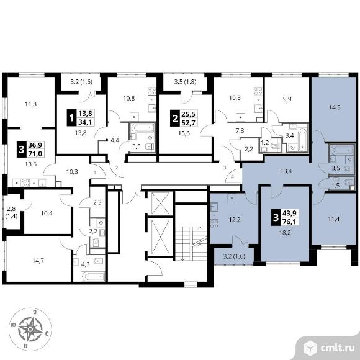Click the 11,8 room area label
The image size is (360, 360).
point(31,104)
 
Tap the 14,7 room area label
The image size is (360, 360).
point(38,261)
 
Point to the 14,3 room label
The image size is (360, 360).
point(335,107)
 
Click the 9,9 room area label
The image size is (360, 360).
point(287,99)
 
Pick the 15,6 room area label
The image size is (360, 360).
point(184,133)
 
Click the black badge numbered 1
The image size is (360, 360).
point(71,118)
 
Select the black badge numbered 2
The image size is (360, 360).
point(174,118)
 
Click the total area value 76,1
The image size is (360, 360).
point(289,222)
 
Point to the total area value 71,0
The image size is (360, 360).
point(35,153)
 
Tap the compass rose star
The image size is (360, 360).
point(30,329)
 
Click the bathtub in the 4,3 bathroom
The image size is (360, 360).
point(92,276)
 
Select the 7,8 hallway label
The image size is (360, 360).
point(240,130)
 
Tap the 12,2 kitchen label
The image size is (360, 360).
point(235,220)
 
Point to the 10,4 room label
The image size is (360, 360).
point(47,214)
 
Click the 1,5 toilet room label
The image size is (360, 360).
point(336,185)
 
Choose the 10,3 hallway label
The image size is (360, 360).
point(72,171)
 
